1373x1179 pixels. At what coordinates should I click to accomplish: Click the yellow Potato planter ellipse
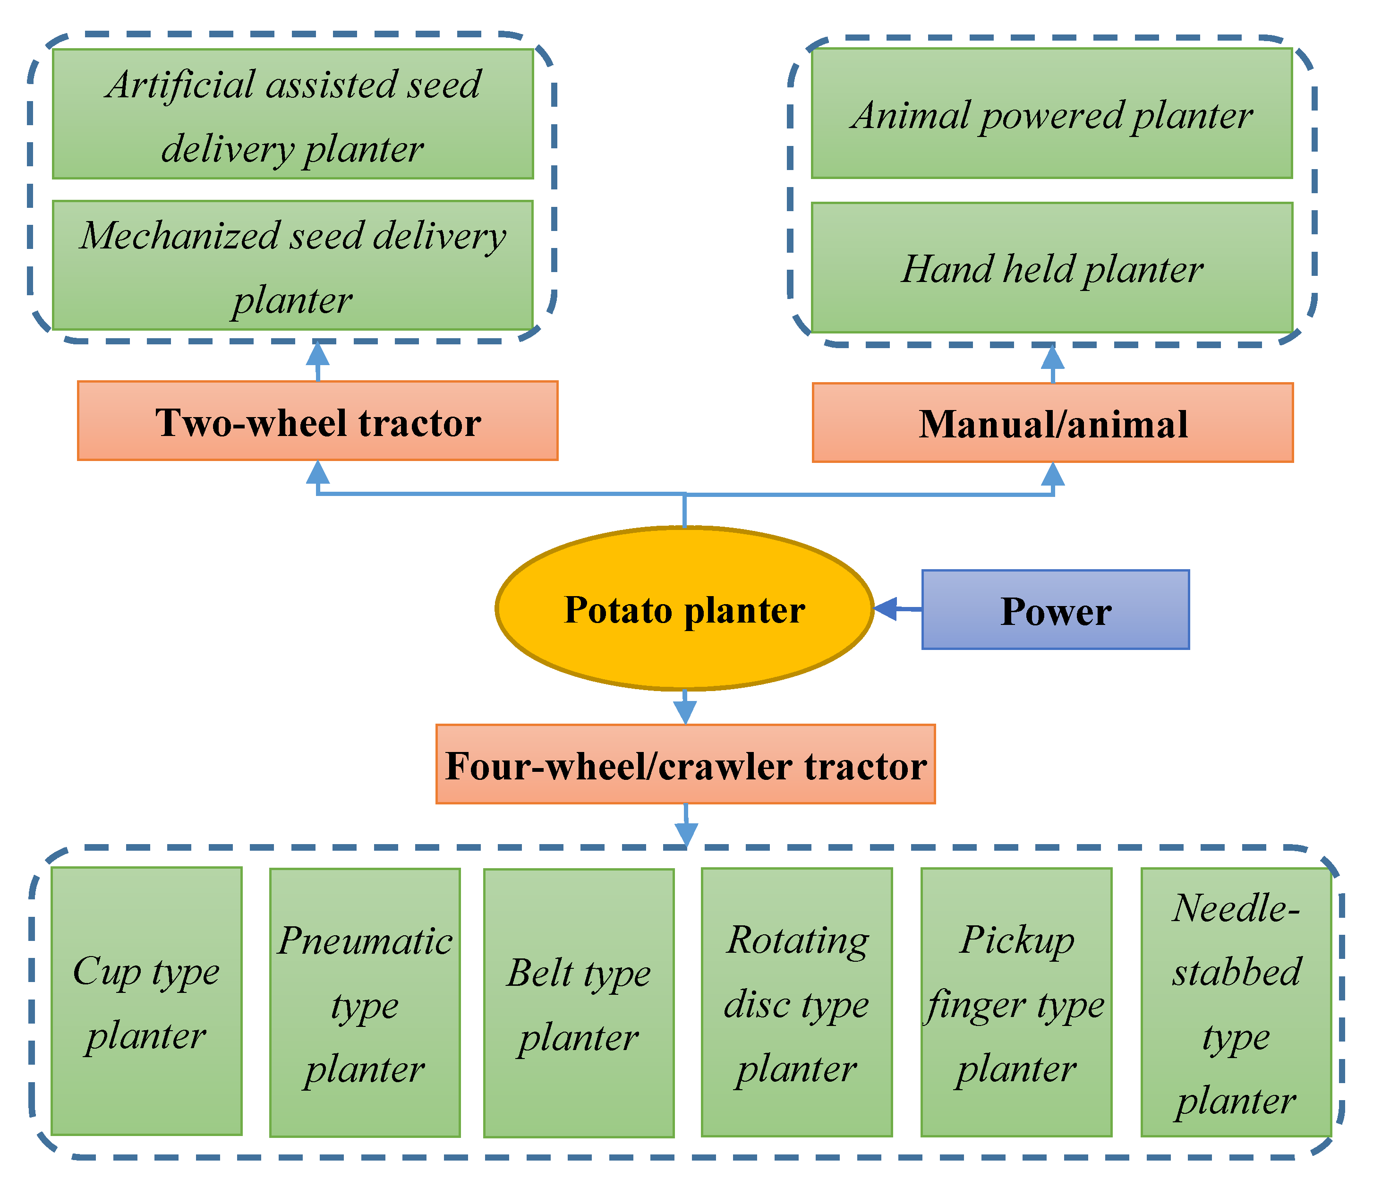pos(684,608)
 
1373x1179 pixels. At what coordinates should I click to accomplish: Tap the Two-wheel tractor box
pos(317,421)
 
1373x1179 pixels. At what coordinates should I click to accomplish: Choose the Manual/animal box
pos(1052,422)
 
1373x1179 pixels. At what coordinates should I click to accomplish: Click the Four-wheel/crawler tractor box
pos(685,764)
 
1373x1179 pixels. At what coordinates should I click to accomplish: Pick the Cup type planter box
pos(146,1001)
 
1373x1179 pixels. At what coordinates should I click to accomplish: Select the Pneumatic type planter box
pos(365,1003)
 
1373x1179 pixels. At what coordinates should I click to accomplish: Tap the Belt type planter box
pos(579,1003)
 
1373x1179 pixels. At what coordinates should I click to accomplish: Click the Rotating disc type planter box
pos(796,1003)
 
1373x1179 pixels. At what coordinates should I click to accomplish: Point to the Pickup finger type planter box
pos(1016,1003)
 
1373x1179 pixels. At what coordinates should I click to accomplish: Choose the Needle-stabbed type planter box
pos(1236,1003)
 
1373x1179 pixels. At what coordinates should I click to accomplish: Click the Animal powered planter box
pos(1052,113)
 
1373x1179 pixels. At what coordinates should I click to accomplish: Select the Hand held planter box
pos(1052,268)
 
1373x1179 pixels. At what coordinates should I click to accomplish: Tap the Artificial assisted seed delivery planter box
pos(293,114)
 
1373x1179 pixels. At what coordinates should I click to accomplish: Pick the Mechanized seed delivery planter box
pos(293,265)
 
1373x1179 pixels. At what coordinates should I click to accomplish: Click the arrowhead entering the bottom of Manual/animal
pos(1052,474)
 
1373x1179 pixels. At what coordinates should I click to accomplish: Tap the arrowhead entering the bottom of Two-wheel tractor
pos(318,472)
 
